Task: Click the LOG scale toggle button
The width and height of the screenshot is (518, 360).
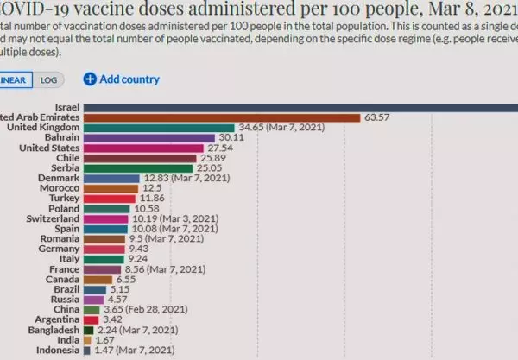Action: click(48, 79)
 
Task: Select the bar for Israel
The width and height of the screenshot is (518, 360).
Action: click(302, 107)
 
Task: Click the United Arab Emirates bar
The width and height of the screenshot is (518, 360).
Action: click(224, 117)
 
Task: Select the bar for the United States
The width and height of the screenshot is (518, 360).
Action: click(144, 148)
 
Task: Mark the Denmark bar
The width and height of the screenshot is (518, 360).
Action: click(112, 179)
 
